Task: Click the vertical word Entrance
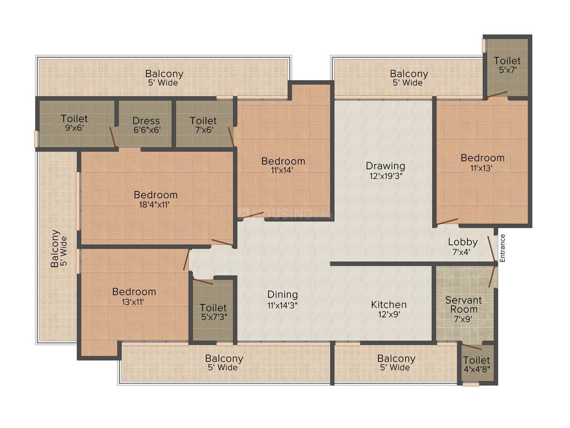point(502,248)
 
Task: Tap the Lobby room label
point(462,242)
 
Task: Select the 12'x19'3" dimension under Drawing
point(385,176)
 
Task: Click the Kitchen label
point(389,305)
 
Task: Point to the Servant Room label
point(463,305)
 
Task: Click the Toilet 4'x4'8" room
point(477,365)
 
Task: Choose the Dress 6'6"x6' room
point(146,124)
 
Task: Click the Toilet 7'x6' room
point(203,124)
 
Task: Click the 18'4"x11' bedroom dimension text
point(154,205)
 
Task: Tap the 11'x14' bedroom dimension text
point(282,170)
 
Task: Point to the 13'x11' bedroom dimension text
point(133,302)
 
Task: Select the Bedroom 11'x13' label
point(483,162)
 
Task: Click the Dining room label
point(283,294)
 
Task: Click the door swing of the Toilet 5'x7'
point(497,94)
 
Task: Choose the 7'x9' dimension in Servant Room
point(463,319)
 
